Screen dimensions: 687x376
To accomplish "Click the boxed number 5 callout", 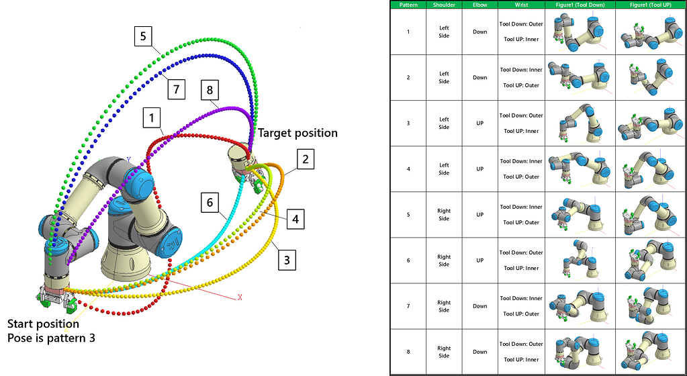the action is pos(143,36).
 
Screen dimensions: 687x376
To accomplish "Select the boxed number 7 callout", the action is pos(176,89).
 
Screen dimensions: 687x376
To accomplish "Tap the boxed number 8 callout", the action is pos(210,90).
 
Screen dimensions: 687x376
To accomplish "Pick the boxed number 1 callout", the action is pos(152,118).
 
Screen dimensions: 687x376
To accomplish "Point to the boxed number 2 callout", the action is pos(306,159).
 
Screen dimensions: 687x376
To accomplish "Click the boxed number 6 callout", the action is pos(210,203).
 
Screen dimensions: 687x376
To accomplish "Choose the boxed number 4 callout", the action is pos(295,219).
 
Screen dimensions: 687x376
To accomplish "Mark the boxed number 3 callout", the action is pos(287,260).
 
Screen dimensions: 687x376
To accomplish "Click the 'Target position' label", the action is pos(297,133).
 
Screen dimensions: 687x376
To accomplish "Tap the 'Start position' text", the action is pos(44,324).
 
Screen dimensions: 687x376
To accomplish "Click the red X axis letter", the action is pos(240,297).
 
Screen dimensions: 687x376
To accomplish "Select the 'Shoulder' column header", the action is pos(444,5).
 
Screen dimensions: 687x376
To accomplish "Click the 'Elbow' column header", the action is pos(479,5).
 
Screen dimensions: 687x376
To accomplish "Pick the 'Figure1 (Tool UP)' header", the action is pos(650,5).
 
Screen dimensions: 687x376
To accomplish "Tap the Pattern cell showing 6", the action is pos(408,261).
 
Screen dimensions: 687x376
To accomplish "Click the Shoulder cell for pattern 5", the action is pos(444,215).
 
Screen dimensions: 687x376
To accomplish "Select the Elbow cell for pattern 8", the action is pos(479,352).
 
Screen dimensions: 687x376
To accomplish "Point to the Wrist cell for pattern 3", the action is pos(521,123).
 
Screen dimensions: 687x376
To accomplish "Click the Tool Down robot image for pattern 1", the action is pos(580,32).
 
